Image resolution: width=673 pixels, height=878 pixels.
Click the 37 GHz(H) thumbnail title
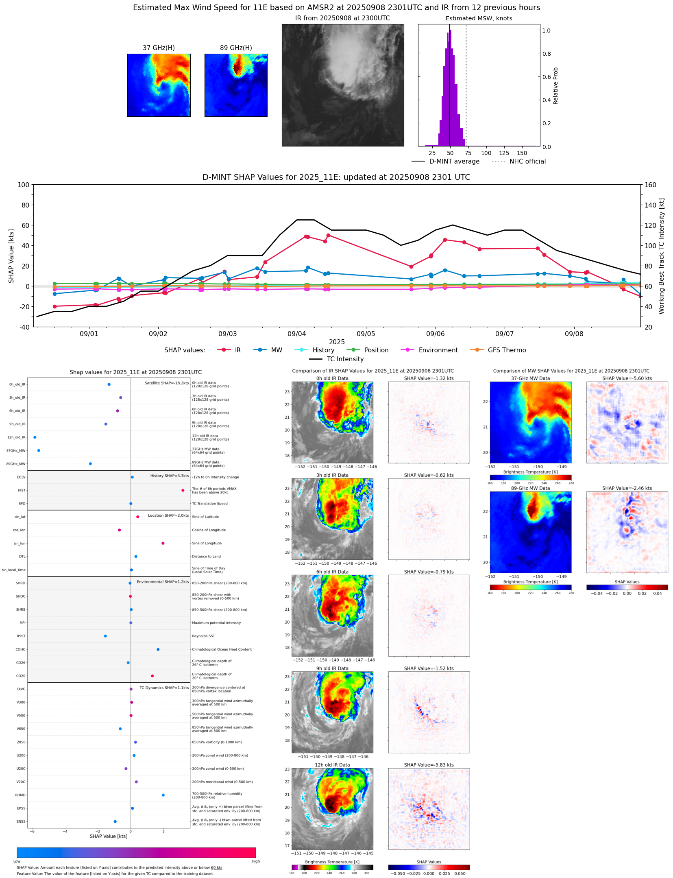pos(159,48)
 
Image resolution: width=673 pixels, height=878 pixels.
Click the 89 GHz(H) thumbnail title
pos(236,48)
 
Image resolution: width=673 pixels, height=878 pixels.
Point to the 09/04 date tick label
pos(296,334)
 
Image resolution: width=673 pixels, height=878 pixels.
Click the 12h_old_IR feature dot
pos(35,437)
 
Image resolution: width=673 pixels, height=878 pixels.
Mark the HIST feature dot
pos(183,490)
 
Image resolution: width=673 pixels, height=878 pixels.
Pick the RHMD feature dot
pos(163,795)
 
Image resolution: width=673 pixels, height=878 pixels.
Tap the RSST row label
pos(21,636)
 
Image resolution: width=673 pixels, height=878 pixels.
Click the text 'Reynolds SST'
pos(203,636)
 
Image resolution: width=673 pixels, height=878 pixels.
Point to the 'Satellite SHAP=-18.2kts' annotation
pos(167,383)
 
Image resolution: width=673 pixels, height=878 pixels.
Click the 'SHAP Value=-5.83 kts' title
pos(429,765)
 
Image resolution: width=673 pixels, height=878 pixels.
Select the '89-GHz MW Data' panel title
pos(530,488)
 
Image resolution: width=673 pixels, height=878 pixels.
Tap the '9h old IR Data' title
pos(332,668)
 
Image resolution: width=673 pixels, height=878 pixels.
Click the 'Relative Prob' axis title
pos(556,86)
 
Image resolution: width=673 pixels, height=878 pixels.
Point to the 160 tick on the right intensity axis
pos(651,185)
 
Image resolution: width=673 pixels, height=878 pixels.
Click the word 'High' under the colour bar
pos(255,861)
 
